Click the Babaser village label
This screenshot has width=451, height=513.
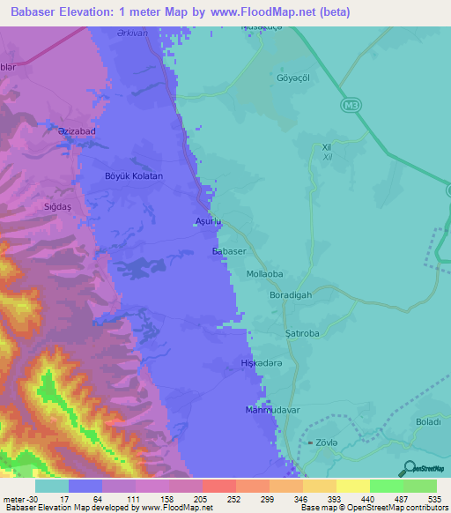pyautogui.click(x=228, y=251)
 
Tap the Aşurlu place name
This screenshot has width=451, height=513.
pyautogui.click(x=206, y=222)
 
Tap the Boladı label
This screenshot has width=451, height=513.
pyautogui.click(x=427, y=422)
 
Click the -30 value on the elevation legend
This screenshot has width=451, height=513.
pyautogui.click(x=18, y=499)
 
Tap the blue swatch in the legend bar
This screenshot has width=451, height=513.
pyautogui.click(x=85, y=486)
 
